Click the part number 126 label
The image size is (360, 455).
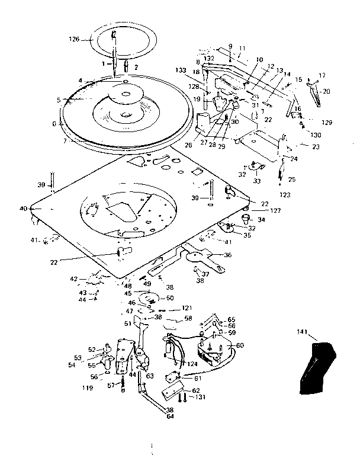click(74, 40)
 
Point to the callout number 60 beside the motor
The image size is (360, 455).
click(240, 345)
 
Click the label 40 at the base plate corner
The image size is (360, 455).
click(23, 209)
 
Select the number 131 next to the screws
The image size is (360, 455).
click(201, 396)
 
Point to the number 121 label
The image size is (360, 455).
click(187, 309)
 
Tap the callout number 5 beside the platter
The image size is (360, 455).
click(59, 100)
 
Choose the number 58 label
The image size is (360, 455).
click(188, 318)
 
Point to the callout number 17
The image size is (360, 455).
click(322, 75)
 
